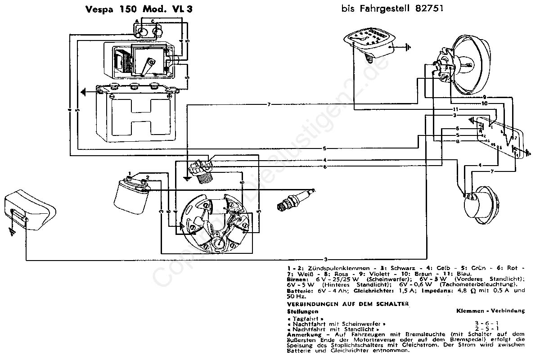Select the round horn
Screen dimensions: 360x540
pyautogui.click(x=479, y=202)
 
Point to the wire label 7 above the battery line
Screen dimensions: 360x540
pyautogui.click(x=269, y=104)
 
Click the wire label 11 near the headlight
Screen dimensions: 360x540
pyautogui.click(x=455, y=109)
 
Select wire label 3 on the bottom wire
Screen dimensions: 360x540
pyautogui.click(x=325, y=259)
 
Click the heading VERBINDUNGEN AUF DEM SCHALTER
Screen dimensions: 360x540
pyautogui.click(x=347, y=304)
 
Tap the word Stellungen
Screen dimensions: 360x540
pyautogui.click(x=302, y=311)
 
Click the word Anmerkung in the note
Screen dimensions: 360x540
pyautogui.click(x=303, y=334)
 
